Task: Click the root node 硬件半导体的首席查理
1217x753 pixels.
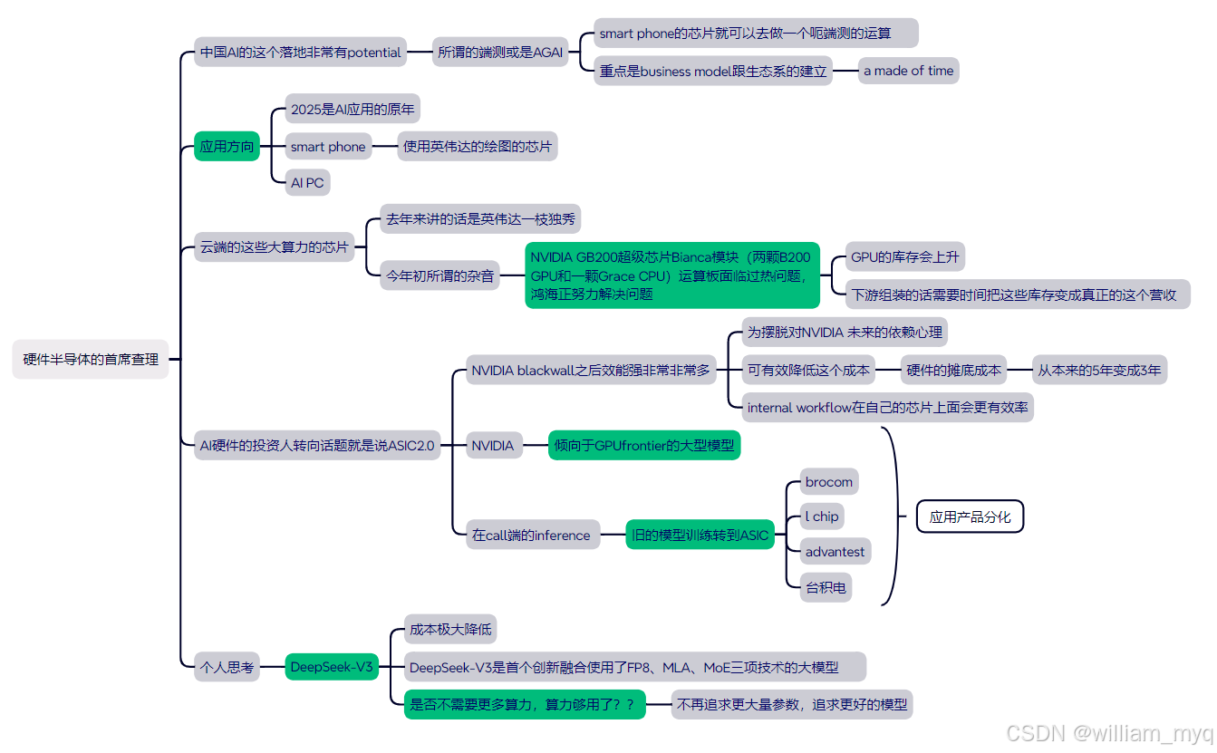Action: coord(91,359)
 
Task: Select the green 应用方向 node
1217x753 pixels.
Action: coord(227,146)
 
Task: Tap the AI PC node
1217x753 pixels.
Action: coord(307,182)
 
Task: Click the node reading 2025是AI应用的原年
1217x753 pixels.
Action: coord(353,110)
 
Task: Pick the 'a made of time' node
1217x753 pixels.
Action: coord(908,71)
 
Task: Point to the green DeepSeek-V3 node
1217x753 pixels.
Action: coord(332,667)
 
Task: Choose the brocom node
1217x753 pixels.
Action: coord(828,482)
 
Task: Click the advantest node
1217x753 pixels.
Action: coord(835,551)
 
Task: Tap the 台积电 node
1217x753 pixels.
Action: coord(826,587)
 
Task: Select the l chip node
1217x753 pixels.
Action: coord(822,516)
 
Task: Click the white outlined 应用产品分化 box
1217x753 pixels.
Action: coord(970,516)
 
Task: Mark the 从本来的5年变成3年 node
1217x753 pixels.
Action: coord(1099,370)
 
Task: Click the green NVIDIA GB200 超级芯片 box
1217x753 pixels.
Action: coord(672,275)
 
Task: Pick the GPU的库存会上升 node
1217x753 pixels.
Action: coord(904,256)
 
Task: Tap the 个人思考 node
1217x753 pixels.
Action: coord(227,667)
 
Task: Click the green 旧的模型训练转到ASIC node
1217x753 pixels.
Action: coord(700,535)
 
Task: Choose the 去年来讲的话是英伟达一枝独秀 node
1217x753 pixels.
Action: coord(479,218)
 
